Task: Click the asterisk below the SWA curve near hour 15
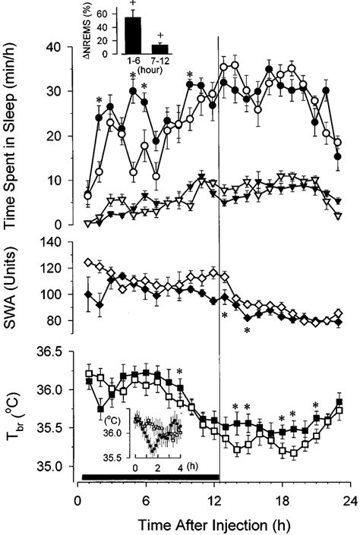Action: point(247,329)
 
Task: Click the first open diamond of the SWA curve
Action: point(89,263)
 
